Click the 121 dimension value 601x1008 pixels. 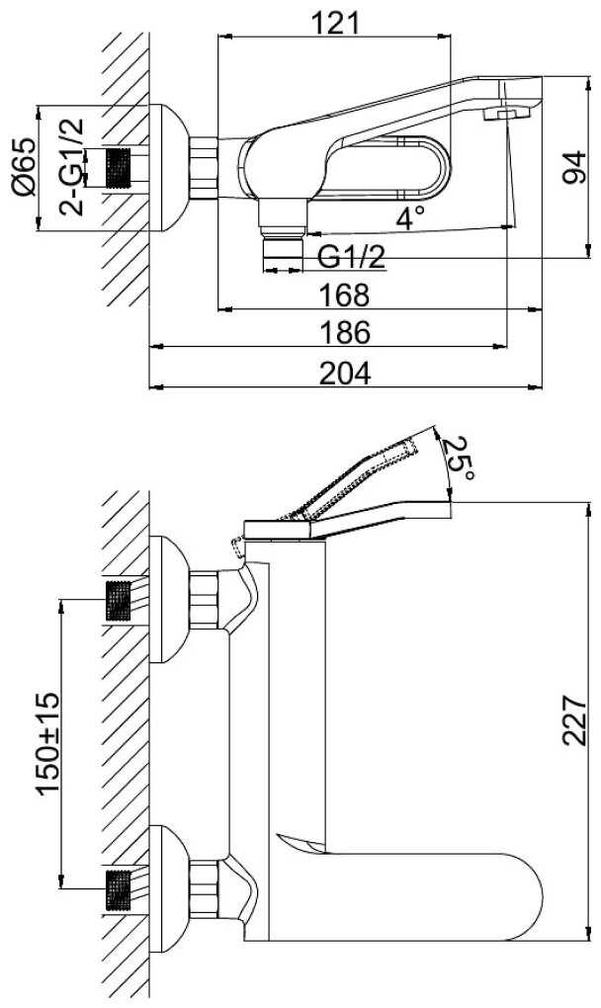pyautogui.click(x=334, y=24)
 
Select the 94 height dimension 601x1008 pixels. pyautogui.click(x=574, y=167)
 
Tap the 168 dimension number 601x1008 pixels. pyautogui.click(x=345, y=295)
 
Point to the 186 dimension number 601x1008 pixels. pyautogui.click(x=345, y=332)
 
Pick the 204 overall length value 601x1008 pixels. pyautogui.click(x=345, y=373)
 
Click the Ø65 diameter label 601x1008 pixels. pyautogui.click(x=25, y=167)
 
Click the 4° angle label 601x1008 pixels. pyautogui.click(x=409, y=217)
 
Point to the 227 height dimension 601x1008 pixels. pyautogui.click(x=574, y=720)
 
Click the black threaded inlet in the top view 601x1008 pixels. pyautogui.click(x=119, y=168)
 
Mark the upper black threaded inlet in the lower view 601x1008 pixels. pyautogui.click(x=119, y=601)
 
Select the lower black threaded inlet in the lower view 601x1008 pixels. pyautogui.click(x=119, y=889)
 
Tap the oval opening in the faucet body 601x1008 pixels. pyautogui.click(x=386, y=167)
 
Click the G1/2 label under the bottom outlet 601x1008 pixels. pyautogui.click(x=352, y=257)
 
